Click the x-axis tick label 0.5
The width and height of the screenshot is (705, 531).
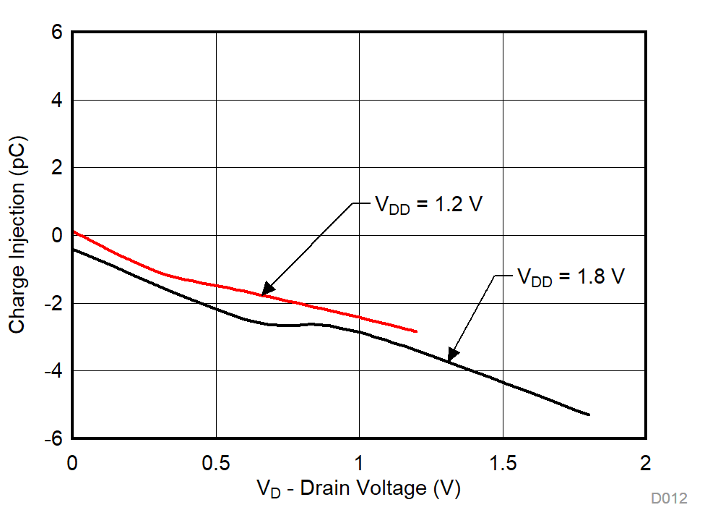pos(216,462)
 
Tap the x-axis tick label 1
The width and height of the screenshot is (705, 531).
pos(359,462)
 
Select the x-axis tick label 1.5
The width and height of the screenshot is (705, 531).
pos(503,462)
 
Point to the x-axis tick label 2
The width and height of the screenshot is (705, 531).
pos(646,462)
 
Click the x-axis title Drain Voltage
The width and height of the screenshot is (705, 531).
pos(358,489)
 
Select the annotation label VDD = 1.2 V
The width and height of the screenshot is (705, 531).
pos(427,205)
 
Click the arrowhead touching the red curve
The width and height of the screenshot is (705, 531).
pos(265,292)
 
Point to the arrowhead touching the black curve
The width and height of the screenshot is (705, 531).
pos(450,357)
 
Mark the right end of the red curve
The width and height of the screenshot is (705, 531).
pos(417,331)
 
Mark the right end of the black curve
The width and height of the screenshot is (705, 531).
pos(589,415)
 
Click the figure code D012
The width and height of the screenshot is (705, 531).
pos(668,498)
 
